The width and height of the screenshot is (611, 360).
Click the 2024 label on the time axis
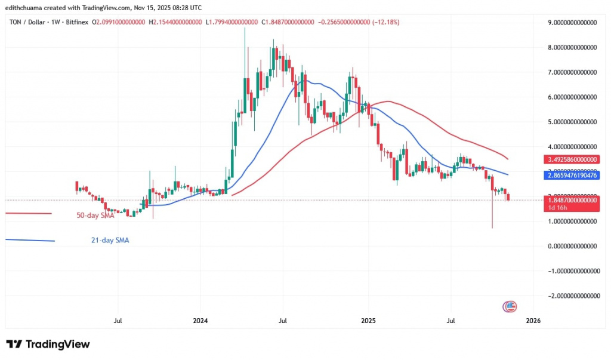200,321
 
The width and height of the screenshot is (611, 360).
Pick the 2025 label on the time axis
368,321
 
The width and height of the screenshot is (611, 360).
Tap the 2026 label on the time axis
532,321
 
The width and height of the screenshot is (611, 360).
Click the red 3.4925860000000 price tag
572,160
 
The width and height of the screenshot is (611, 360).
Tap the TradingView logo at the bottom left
48,344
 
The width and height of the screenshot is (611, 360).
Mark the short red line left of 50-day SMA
29,214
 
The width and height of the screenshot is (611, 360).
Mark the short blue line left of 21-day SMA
30,240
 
